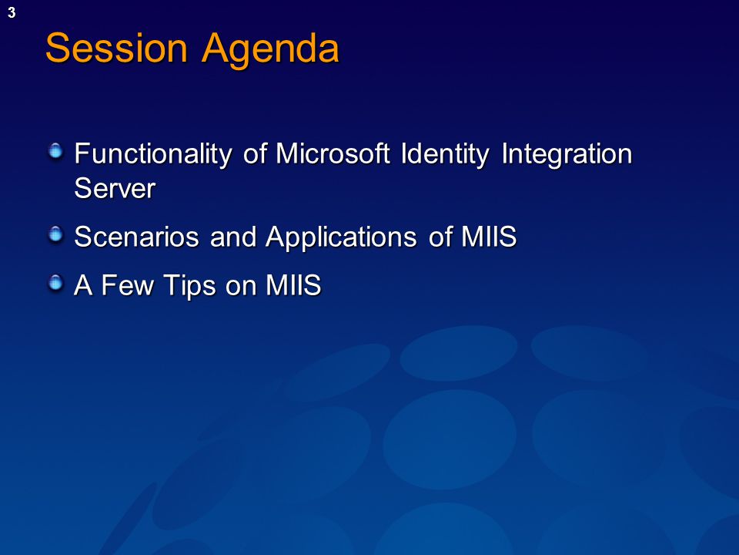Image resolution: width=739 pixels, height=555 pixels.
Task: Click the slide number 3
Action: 12,13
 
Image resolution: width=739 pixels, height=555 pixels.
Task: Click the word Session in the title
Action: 116,48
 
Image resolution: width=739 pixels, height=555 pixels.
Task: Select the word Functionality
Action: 153,154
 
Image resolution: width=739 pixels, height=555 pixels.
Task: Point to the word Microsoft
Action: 333,153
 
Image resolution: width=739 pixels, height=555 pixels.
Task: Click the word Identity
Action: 446,154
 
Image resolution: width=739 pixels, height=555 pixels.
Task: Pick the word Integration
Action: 567,154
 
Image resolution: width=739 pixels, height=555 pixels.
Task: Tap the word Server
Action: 115,188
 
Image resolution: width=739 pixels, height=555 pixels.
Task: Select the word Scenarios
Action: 137,237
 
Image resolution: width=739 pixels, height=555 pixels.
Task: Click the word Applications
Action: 341,237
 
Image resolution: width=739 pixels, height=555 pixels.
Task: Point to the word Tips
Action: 190,286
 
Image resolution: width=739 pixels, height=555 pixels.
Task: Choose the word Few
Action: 127,285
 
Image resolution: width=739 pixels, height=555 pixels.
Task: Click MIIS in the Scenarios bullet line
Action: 489,237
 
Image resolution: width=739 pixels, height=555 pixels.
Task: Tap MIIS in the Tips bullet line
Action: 293,285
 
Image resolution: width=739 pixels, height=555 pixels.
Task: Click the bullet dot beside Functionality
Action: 55,151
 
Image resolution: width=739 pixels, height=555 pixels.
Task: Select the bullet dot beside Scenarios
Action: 55,234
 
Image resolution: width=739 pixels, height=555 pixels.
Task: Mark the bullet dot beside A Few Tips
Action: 55,283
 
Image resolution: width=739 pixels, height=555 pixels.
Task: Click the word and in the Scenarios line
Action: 233,237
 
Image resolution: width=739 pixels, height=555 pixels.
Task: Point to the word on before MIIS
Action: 240,287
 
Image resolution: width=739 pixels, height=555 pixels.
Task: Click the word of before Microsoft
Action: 255,153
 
